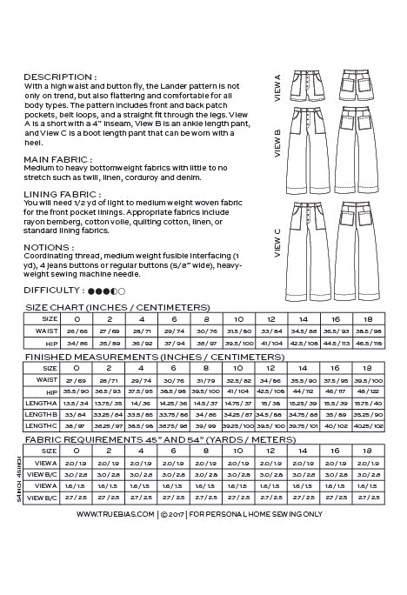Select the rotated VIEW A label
[x=277, y=90]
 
